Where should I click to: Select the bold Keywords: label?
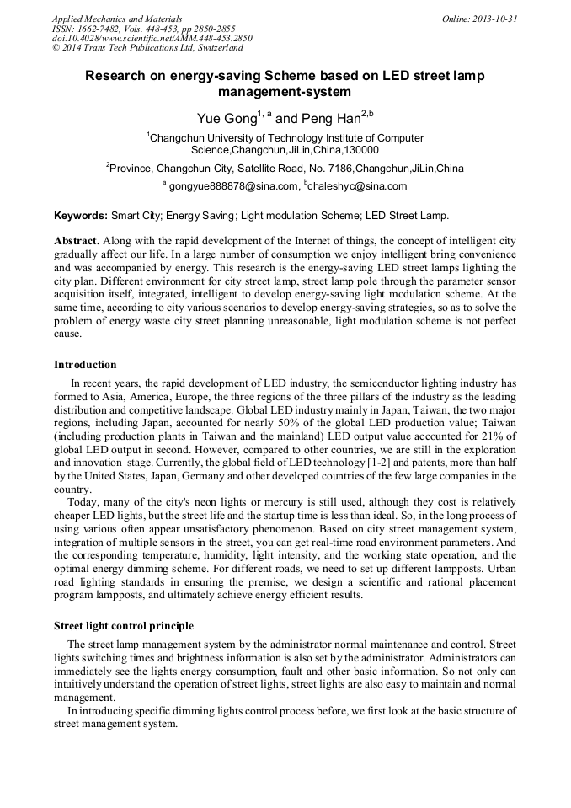[x=81, y=216]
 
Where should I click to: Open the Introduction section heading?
[x=85, y=365]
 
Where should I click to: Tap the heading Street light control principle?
[x=124, y=626]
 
